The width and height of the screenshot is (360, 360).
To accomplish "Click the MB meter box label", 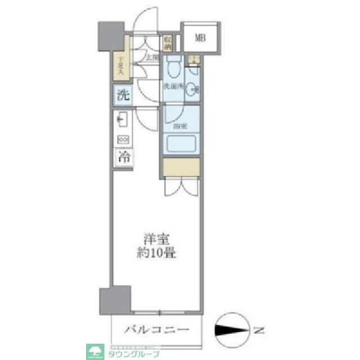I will click(x=200, y=38).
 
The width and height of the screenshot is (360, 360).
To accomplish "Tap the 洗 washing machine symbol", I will click(x=123, y=95).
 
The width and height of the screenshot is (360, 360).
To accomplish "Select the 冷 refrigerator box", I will click(x=123, y=157).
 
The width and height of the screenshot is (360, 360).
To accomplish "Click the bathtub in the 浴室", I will click(x=182, y=145).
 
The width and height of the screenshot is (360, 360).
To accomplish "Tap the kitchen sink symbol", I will click(x=122, y=120).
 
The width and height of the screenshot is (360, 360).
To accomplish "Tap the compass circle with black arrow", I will click(x=232, y=329).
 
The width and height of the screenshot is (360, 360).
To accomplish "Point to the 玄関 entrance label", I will click(x=152, y=57).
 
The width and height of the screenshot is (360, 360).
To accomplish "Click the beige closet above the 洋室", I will click(x=181, y=167).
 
